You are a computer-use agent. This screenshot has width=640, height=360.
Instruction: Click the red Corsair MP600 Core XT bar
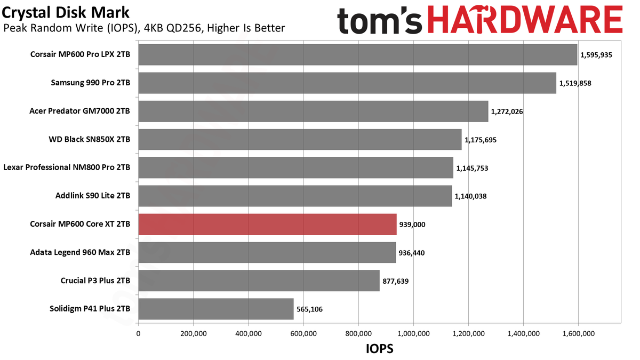(267, 225)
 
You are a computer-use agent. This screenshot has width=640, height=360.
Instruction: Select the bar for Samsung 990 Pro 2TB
(347, 83)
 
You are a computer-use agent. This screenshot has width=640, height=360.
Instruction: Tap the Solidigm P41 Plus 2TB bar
(216, 309)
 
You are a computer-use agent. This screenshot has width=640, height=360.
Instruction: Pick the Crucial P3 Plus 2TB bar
(259, 281)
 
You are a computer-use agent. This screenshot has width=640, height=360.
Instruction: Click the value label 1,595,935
(596, 55)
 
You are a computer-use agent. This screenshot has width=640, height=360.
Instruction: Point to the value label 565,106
(309, 309)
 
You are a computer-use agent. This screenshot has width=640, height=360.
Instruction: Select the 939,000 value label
(412, 225)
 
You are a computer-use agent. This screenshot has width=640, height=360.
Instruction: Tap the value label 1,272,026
(507, 111)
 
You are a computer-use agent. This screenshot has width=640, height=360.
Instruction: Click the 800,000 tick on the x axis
(358, 334)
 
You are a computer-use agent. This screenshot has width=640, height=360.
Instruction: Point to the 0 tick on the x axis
(138, 334)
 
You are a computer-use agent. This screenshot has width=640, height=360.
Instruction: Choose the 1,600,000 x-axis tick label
(579, 334)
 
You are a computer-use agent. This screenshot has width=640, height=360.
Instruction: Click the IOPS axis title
(379, 349)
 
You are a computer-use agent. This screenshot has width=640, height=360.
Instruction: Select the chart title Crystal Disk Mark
(66, 13)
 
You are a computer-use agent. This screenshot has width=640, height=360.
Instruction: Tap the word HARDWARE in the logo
(525, 20)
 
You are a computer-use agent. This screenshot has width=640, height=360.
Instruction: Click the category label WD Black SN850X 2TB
(90, 139)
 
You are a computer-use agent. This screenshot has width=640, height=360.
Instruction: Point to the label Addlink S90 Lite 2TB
(93, 196)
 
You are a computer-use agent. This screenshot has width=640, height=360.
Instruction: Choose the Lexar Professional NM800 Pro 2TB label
(67, 167)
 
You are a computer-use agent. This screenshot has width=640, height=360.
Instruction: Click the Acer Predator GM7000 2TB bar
(314, 111)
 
